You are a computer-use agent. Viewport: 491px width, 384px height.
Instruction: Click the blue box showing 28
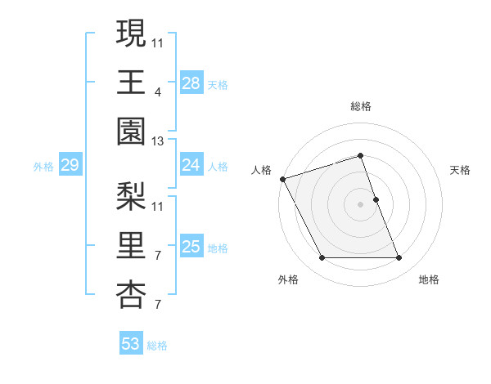(x=191, y=83)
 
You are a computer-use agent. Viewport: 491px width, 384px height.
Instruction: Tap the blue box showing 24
(x=191, y=166)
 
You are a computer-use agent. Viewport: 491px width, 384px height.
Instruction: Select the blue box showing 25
(x=191, y=247)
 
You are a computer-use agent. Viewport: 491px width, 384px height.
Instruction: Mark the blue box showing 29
(x=70, y=166)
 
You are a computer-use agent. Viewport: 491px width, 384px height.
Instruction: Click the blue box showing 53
(x=131, y=344)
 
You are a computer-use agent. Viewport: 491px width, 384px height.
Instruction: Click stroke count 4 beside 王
(x=157, y=92)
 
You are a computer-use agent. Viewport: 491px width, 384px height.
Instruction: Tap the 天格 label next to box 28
(x=218, y=84)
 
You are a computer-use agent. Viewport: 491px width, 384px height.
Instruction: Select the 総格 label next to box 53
(x=157, y=346)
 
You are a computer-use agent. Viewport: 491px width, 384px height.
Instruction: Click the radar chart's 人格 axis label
(x=261, y=170)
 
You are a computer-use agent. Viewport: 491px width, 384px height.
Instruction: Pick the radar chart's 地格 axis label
(x=429, y=279)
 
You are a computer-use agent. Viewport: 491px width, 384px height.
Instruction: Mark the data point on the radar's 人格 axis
(x=282, y=178)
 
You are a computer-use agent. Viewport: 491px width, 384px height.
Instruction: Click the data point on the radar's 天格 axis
(x=376, y=199)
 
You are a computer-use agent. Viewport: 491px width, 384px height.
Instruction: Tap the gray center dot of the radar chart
(x=360, y=203)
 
